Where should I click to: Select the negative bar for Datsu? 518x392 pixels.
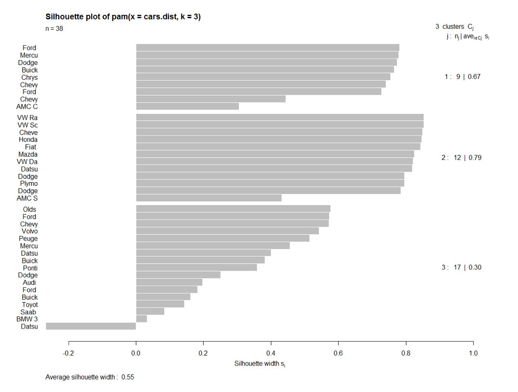(91, 326)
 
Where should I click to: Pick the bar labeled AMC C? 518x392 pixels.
(187, 106)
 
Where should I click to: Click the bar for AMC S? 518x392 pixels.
(209, 198)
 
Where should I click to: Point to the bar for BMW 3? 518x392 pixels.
(141, 319)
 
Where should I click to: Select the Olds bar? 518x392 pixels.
(233, 209)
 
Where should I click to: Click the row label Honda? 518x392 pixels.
(28, 140)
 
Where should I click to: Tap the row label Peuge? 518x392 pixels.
(28, 239)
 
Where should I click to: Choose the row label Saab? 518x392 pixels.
(29, 312)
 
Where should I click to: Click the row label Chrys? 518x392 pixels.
(29, 77)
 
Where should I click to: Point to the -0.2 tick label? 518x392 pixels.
(68, 354)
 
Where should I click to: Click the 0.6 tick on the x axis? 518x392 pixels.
(338, 354)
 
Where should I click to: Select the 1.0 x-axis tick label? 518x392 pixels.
(473, 354)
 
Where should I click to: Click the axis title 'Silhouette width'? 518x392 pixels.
(260, 364)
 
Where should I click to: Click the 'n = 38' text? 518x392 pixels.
(54, 29)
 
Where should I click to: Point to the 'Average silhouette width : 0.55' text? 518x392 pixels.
(90, 377)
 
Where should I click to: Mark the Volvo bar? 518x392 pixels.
(227, 231)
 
